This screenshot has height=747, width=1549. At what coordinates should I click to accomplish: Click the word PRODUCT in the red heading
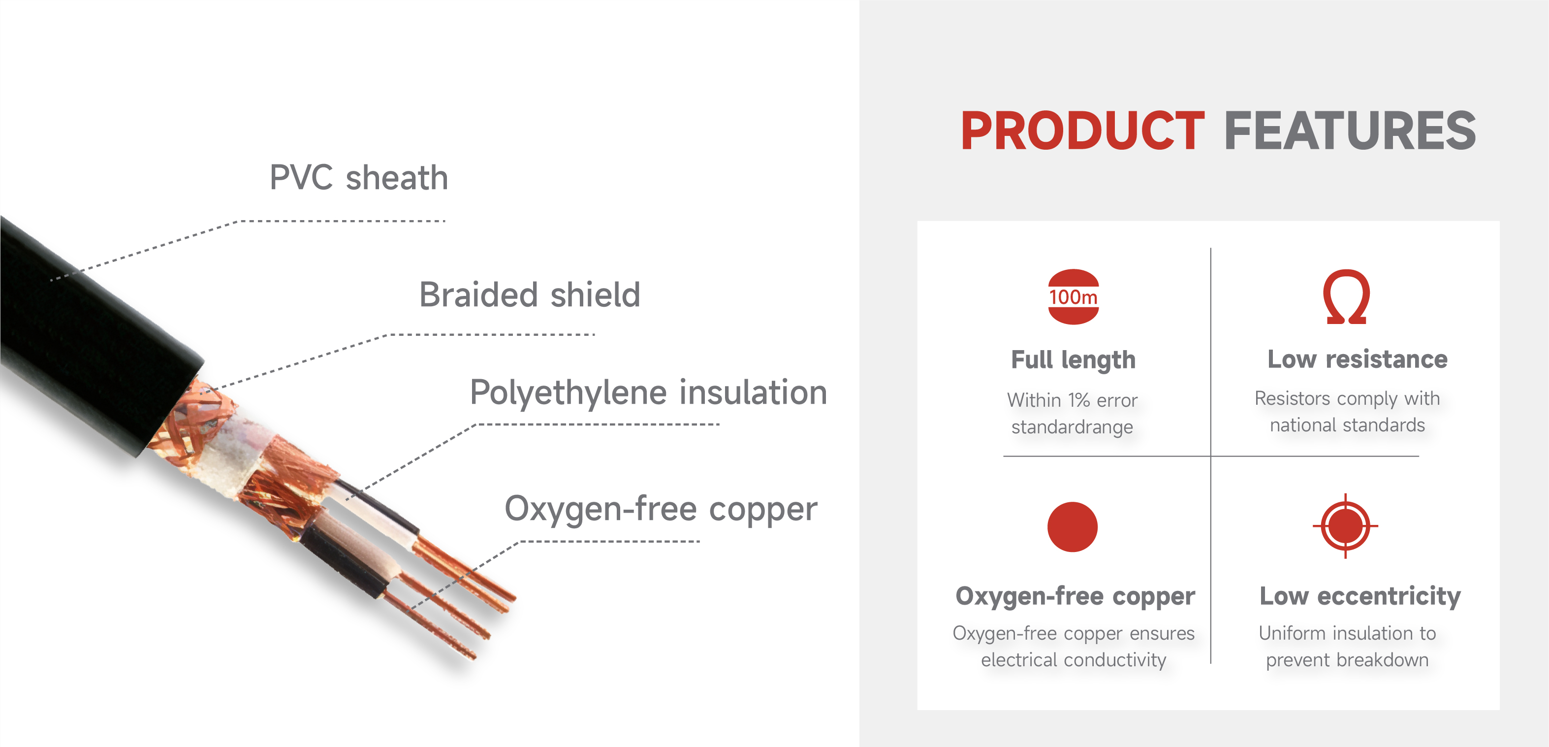(1082, 130)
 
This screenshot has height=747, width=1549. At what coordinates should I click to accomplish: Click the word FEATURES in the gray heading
(1350, 130)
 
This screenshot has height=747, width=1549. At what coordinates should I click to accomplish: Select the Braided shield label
(529, 294)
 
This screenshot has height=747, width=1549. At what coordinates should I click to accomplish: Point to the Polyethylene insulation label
(648, 393)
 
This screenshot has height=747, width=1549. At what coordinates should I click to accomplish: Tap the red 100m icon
(1074, 296)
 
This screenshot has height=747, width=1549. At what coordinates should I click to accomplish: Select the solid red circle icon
(1072, 527)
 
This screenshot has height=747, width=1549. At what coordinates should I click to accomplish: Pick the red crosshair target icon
(1345, 526)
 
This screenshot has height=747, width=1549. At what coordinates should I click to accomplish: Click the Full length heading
(1074, 359)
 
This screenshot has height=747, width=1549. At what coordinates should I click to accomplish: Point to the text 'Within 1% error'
(1072, 400)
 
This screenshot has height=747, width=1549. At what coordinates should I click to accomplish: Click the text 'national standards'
(1347, 425)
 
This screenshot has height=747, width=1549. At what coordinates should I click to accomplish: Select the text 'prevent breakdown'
(1347, 660)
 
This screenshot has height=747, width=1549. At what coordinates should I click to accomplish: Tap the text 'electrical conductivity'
(1074, 660)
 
